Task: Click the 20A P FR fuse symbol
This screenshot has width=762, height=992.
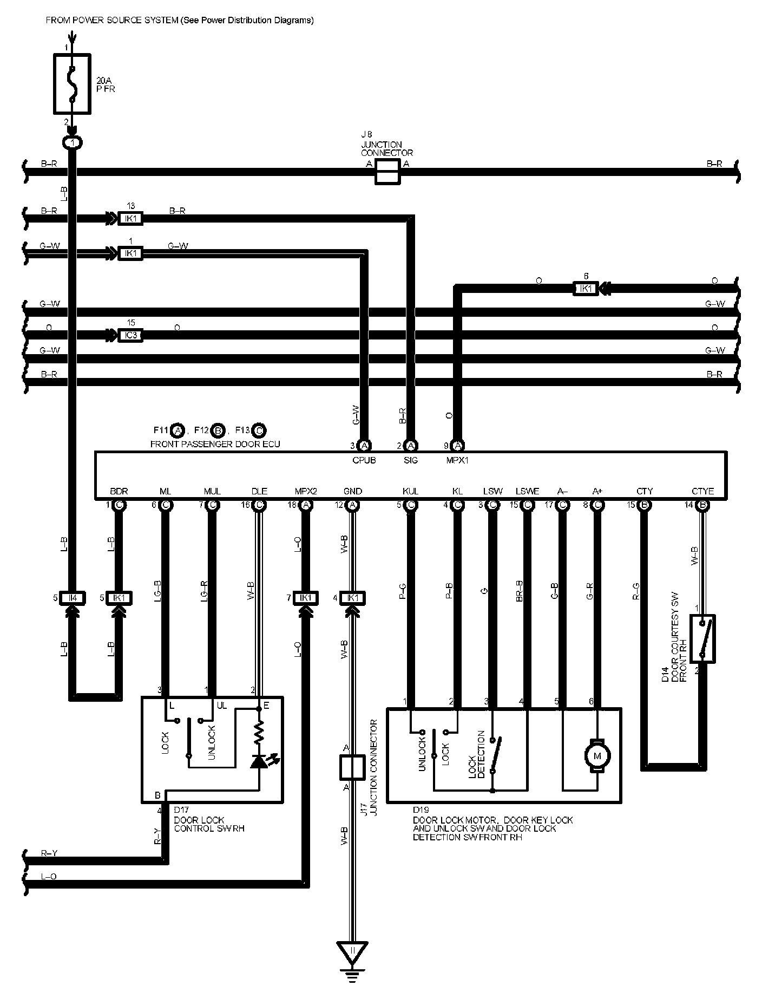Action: pos(72,83)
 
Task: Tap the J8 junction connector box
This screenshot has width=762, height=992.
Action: pos(387,172)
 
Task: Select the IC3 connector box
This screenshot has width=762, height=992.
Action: pos(130,335)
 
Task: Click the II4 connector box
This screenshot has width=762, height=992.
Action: pos(72,598)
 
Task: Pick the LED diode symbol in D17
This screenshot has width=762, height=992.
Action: pos(260,760)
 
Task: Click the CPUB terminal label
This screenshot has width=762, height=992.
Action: pos(364,460)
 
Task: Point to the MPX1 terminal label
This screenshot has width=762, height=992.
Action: pos(457,460)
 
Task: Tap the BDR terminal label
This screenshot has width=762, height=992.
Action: pos(119,491)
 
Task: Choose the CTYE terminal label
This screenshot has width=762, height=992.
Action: pos(702,491)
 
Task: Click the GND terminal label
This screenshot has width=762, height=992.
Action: pos(352,491)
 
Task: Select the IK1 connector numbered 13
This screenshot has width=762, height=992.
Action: pos(130,219)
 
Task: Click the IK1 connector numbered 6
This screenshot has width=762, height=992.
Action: pos(586,289)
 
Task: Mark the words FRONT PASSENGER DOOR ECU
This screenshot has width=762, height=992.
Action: pos(215,444)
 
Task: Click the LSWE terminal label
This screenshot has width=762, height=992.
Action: pos(527,491)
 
